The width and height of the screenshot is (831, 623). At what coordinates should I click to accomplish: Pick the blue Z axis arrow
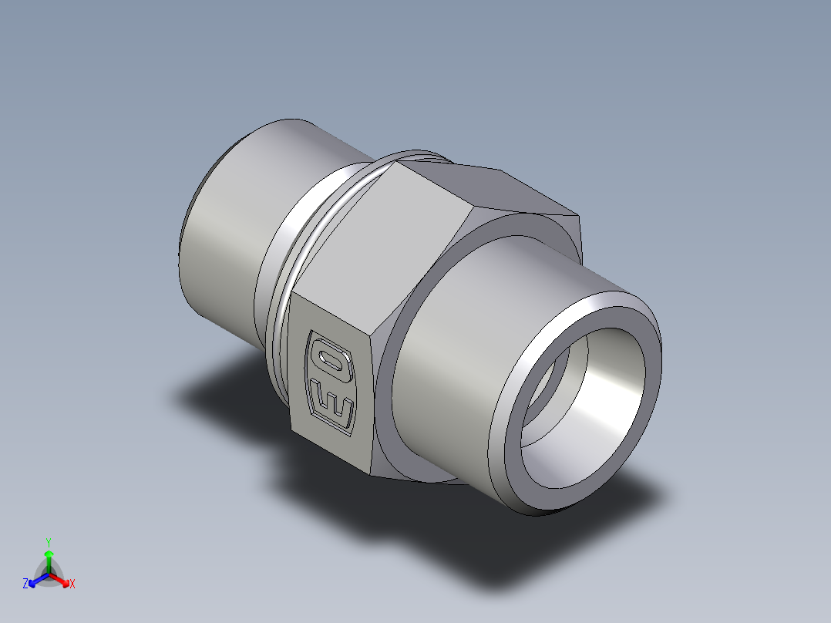click(35, 581)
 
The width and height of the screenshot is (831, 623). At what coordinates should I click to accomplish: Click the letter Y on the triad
click(49, 541)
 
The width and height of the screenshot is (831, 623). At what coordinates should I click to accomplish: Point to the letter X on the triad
click(72, 584)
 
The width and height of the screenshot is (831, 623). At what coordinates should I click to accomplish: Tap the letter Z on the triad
click(25, 584)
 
